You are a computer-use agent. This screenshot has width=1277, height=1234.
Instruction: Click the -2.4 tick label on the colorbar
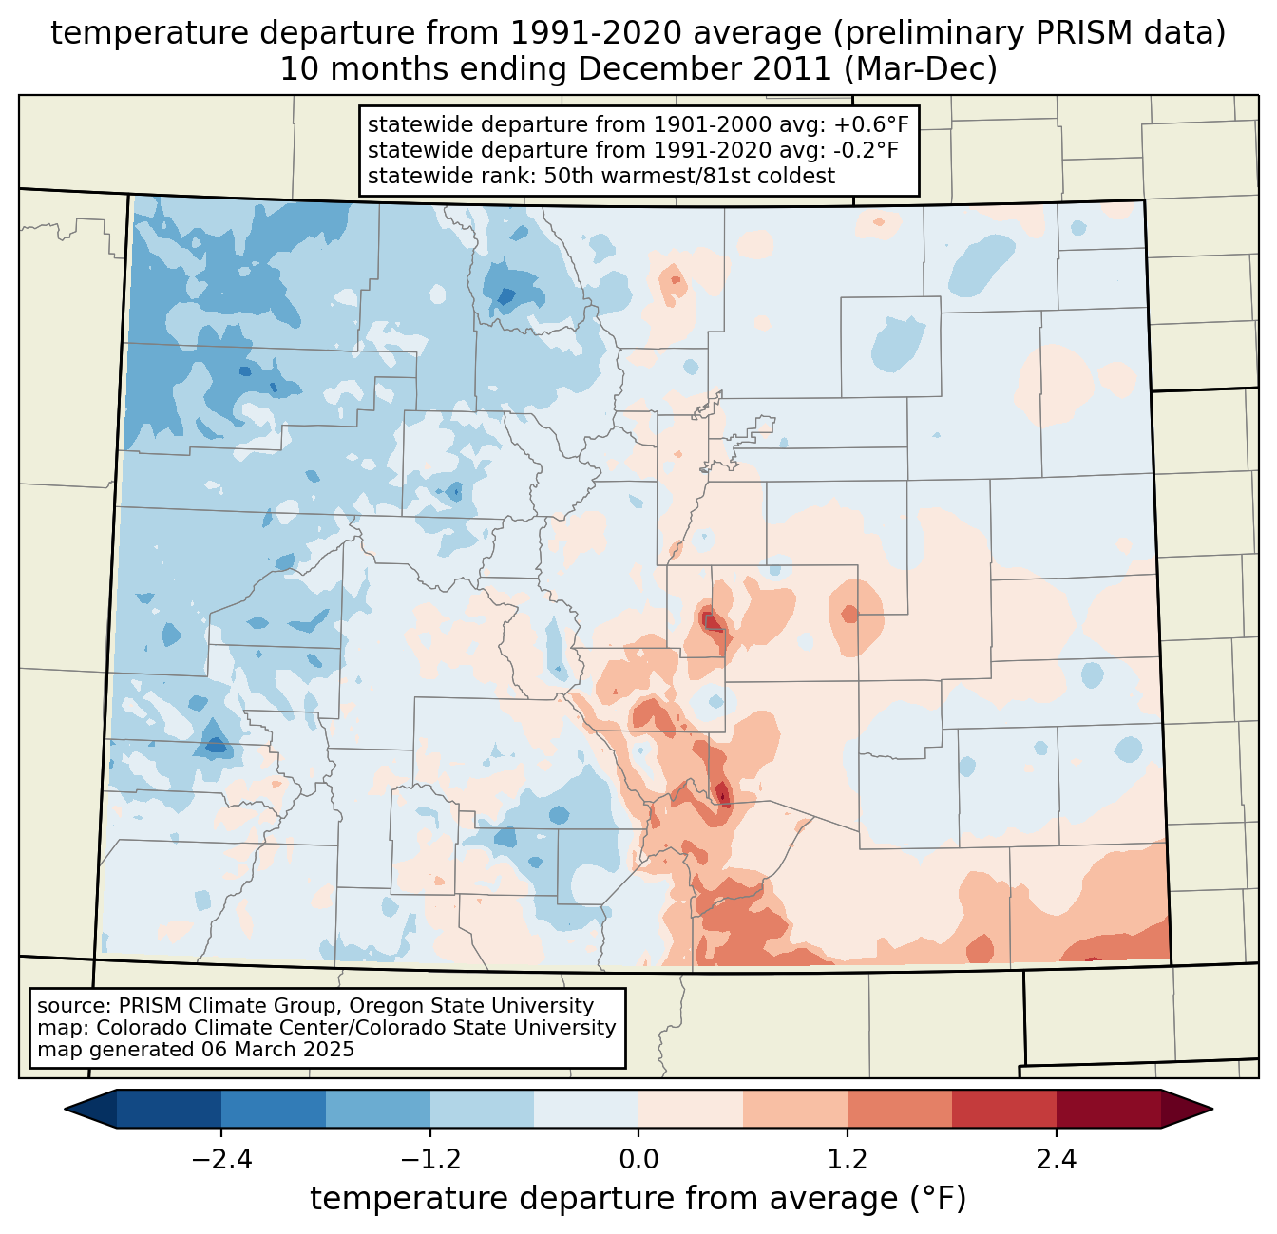pyautogui.click(x=221, y=1160)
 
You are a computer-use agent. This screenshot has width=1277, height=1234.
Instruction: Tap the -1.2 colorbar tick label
pyautogui.click(x=430, y=1160)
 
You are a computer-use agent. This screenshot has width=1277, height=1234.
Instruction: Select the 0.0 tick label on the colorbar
pyautogui.click(x=638, y=1160)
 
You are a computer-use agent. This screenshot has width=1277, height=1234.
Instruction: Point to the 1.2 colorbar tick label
pyautogui.click(x=848, y=1160)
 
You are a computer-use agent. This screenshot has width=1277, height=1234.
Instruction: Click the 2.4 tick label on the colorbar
pyautogui.click(x=1056, y=1160)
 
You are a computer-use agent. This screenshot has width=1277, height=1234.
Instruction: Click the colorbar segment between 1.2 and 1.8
pyautogui.click(x=899, y=1109)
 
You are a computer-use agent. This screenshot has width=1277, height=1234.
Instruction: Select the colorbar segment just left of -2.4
pyautogui.click(x=169, y=1109)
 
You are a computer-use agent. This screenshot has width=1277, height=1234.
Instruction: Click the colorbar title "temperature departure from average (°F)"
pyautogui.click(x=638, y=1199)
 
